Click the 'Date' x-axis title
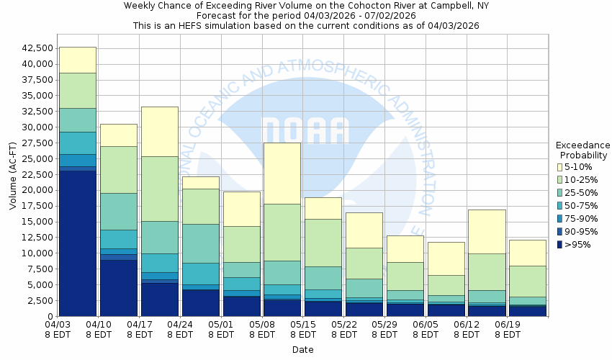[x=303, y=350]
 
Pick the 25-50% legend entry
[x=579, y=192]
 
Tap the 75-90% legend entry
[x=579, y=218]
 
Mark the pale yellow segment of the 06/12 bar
[x=487, y=231]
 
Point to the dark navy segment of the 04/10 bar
[x=119, y=288]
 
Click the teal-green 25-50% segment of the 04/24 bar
[x=201, y=243]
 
